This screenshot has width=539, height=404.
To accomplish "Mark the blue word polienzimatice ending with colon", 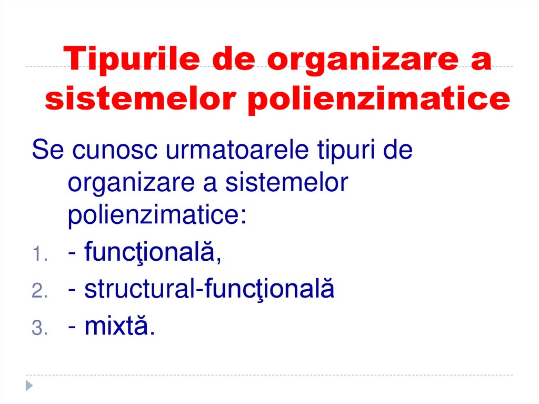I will coord(157,216).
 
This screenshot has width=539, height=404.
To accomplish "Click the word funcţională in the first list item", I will coord(153,254).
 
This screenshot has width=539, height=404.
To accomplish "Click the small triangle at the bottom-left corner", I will coord(29,385).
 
